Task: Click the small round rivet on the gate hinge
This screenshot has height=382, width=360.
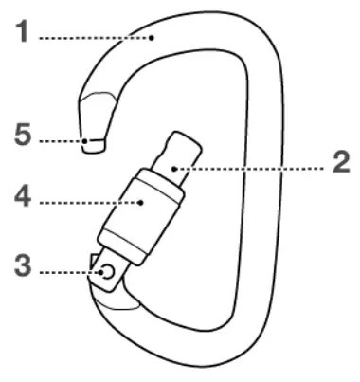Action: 107,272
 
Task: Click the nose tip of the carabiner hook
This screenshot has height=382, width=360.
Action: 92,145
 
